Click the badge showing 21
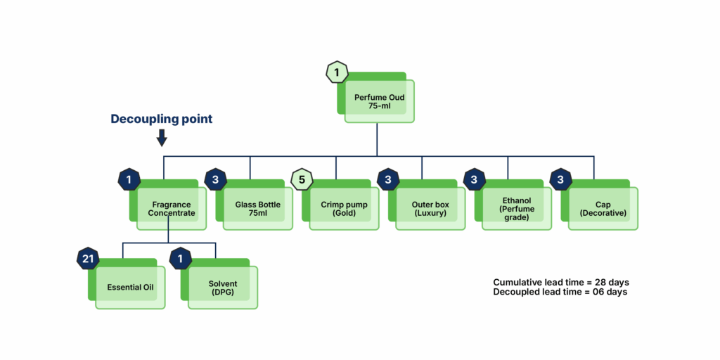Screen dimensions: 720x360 click(x=88, y=259)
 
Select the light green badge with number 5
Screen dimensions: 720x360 click(x=302, y=179)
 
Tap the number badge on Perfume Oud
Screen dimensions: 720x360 click(x=337, y=72)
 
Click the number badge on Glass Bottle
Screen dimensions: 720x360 click(x=215, y=179)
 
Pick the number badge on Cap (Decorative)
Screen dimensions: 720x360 click(x=560, y=179)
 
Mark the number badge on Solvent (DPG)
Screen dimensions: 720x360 click(x=181, y=259)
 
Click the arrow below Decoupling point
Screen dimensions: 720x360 click(x=162, y=138)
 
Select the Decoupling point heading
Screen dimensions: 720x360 click(x=162, y=119)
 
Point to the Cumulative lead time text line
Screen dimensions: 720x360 click(x=561, y=282)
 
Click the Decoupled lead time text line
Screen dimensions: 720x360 click(x=560, y=292)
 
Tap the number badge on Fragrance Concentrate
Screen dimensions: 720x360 click(x=129, y=179)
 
